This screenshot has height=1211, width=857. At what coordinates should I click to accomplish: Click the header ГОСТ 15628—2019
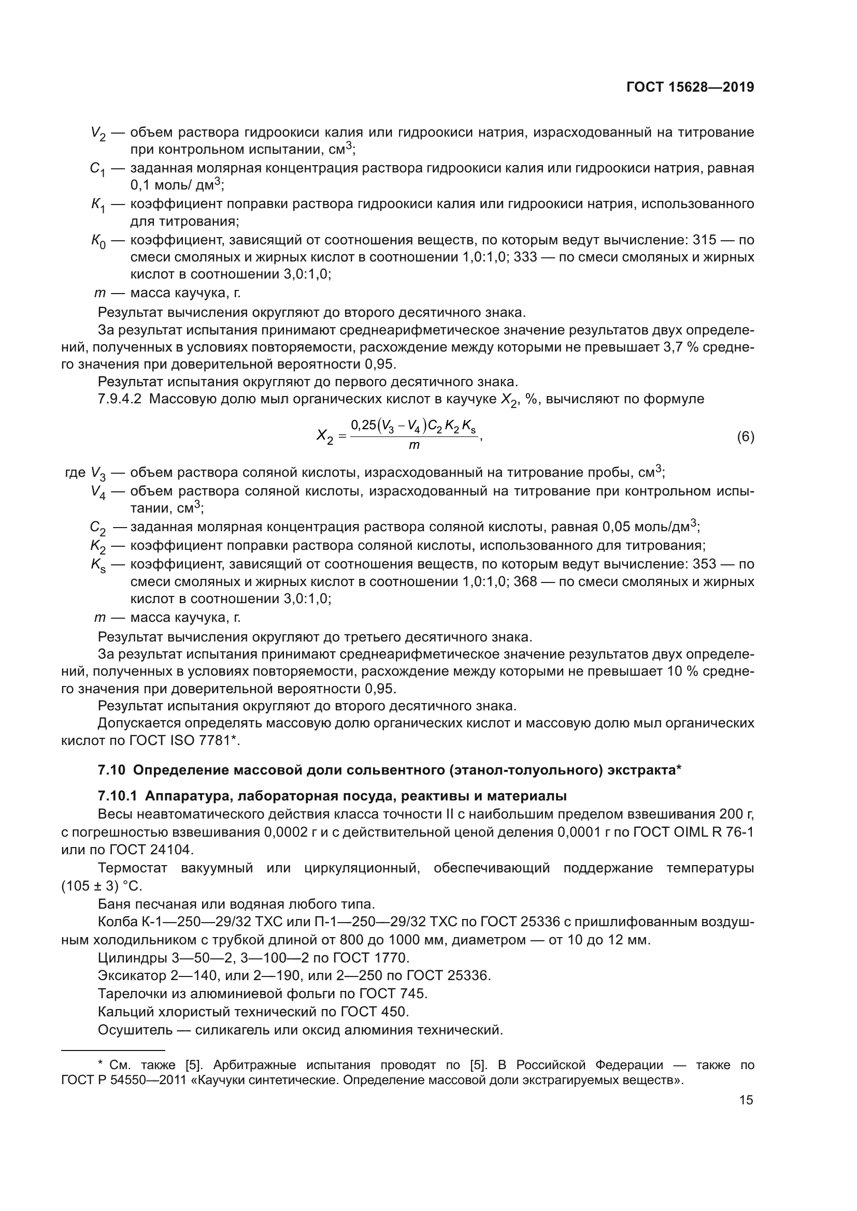(x=690, y=87)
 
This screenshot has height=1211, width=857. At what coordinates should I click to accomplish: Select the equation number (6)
(x=745, y=437)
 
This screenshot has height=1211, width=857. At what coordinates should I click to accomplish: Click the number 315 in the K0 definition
(x=705, y=240)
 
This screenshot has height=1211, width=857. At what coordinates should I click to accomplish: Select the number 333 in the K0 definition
(x=526, y=257)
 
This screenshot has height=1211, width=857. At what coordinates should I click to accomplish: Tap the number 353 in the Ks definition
(x=705, y=564)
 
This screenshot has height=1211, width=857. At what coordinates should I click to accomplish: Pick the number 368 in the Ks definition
(x=526, y=582)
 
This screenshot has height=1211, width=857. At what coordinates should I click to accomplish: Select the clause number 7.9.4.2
(x=119, y=399)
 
